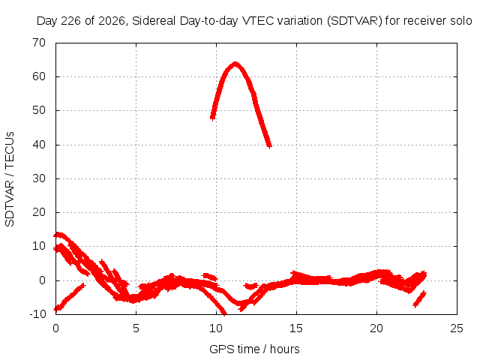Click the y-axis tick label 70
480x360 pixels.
(39, 43)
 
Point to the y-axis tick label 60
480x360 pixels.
(39, 76)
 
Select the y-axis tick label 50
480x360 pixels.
(39, 110)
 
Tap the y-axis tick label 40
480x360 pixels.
(39, 145)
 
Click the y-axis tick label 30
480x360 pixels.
(39, 178)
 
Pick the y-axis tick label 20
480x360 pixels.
(39, 212)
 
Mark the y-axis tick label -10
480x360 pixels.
(37, 314)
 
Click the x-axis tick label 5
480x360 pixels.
(136, 328)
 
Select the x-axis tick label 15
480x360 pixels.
(296, 328)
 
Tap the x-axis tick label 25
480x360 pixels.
(457, 328)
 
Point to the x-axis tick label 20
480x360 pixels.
(376, 328)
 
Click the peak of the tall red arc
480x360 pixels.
(235, 64)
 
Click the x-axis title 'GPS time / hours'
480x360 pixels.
(254, 349)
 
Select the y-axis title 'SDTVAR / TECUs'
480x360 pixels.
(10, 179)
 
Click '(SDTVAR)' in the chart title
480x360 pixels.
(355, 21)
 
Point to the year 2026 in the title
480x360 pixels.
(112, 21)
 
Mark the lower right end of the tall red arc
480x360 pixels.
(270, 147)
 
